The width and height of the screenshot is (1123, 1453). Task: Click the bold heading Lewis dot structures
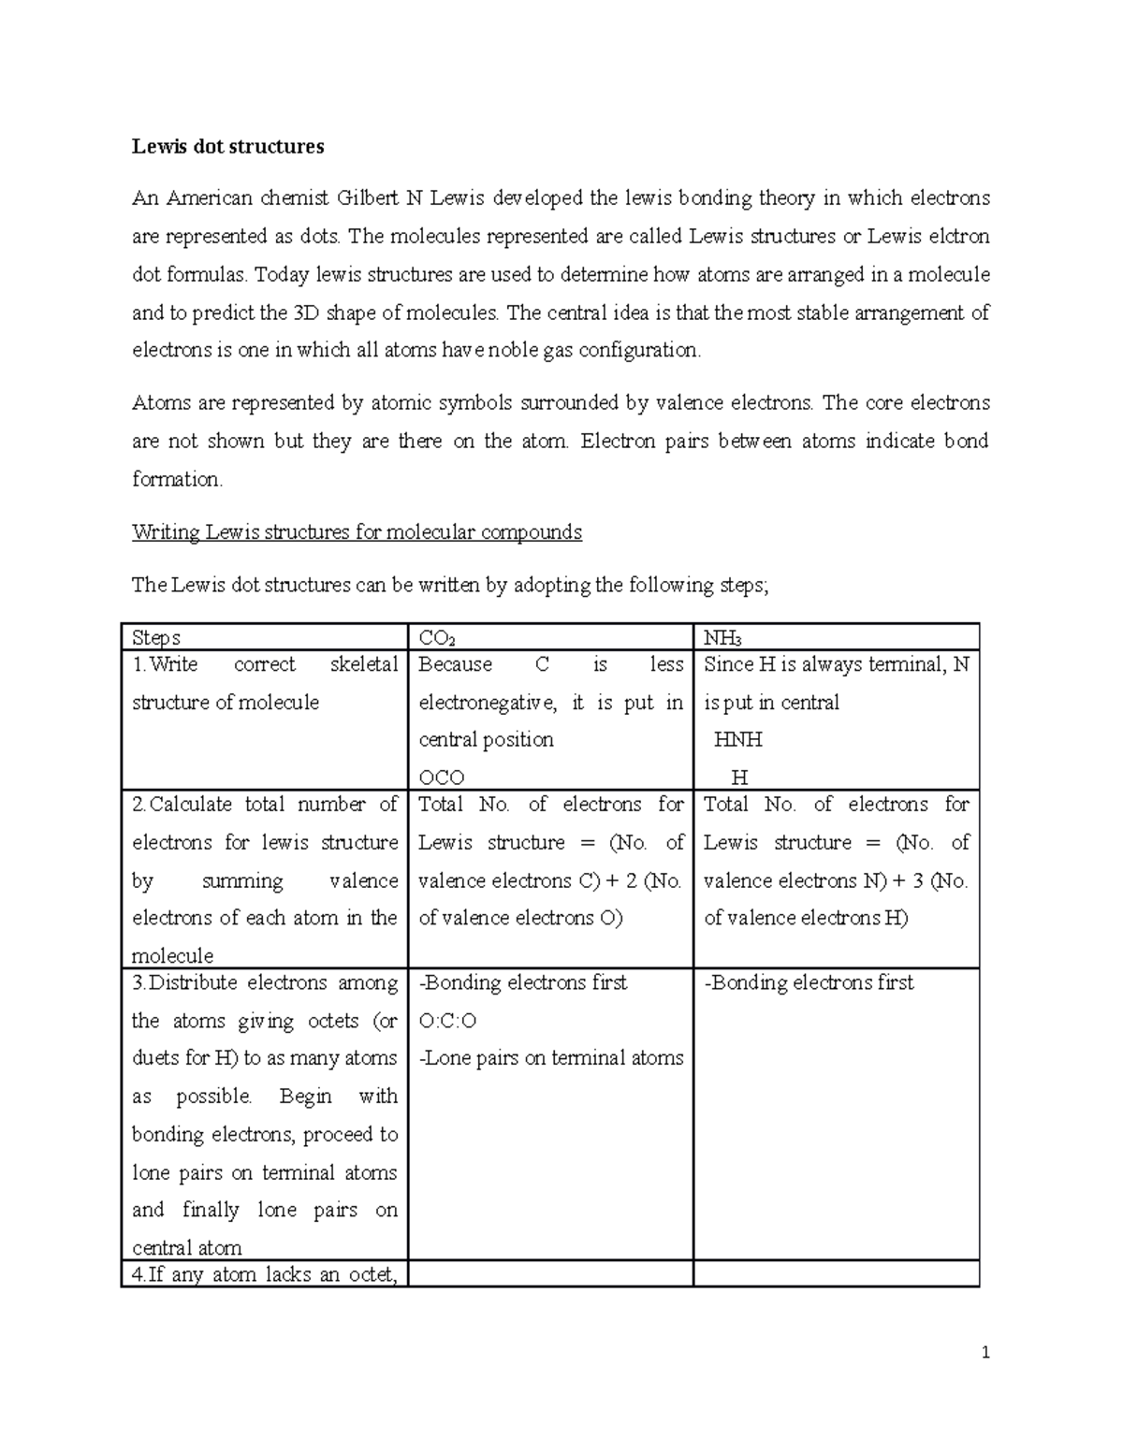tap(227, 146)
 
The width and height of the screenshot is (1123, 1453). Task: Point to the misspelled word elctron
tap(957, 237)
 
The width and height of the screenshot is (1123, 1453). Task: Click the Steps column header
tap(156, 638)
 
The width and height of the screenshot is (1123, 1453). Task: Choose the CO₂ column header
tap(437, 638)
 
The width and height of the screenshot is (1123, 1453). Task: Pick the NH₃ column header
tap(722, 638)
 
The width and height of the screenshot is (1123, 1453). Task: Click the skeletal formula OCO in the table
tap(442, 777)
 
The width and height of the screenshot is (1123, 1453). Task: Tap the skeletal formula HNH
tap(737, 740)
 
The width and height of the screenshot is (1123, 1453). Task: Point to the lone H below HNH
tap(739, 777)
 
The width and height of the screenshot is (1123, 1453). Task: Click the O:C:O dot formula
tap(447, 1021)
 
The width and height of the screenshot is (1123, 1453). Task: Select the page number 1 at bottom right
tap(984, 1353)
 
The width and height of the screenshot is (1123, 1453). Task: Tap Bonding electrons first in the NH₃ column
tap(809, 982)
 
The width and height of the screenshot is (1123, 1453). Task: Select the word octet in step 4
tap(370, 1274)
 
